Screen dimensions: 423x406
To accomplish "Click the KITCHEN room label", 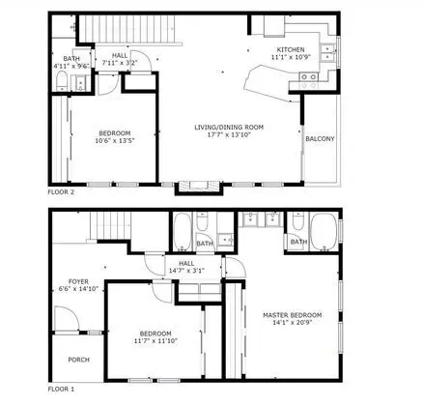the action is [291, 49].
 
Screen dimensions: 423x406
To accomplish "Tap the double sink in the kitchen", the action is [327, 52].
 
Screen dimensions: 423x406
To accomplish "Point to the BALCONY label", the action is [320, 139].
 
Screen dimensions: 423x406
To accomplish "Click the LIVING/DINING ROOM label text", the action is [229, 128].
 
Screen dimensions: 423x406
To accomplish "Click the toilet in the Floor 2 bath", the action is [62, 80].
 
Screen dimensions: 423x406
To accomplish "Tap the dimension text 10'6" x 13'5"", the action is [115, 140].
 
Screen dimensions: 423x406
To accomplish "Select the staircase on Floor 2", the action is [127, 29].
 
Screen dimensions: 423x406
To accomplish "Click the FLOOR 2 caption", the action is [61, 192].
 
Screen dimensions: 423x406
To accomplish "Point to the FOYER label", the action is [78, 281].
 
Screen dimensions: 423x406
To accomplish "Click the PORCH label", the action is [79, 360].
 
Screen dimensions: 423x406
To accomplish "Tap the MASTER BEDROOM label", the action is [293, 315].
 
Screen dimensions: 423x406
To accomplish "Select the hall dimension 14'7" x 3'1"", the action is [186, 271].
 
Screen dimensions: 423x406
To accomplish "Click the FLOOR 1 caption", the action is [61, 390].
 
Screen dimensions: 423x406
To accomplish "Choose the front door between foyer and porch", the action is [67, 318].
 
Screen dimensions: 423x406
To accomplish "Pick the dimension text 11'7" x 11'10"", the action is [155, 341].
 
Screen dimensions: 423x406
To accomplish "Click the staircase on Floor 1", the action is [110, 225].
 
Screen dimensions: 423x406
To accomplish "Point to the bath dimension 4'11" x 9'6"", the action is [71, 67].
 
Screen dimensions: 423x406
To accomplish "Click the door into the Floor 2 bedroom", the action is [108, 85].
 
